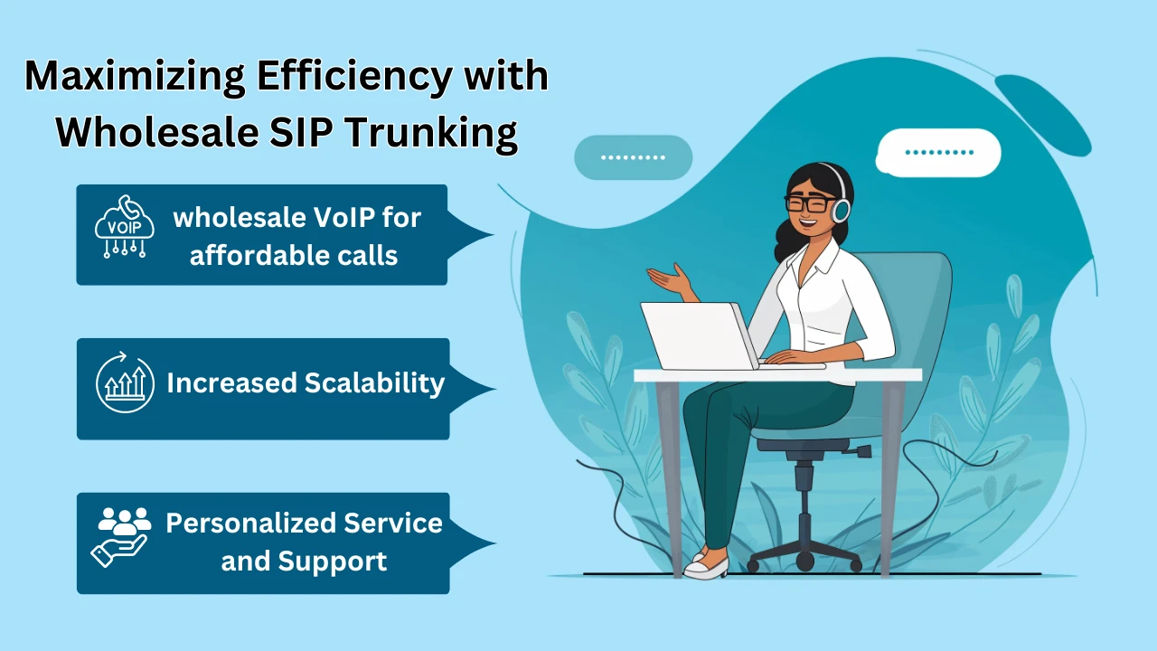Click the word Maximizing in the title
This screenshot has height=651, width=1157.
click(x=135, y=78)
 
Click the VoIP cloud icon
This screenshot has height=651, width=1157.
click(x=125, y=226)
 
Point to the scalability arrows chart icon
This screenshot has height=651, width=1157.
click(x=125, y=382)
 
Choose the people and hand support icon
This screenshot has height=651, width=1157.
click(x=121, y=537)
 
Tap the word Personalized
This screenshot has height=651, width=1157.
click(x=250, y=523)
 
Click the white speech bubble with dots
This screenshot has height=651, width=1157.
click(x=938, y=153)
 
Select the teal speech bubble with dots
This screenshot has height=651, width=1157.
click(x=634, y=157)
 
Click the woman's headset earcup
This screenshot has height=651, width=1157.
click(x=842, y=211)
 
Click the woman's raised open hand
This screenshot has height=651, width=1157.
click(x=671, y=280)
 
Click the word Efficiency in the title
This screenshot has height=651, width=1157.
click(x=354, y=78)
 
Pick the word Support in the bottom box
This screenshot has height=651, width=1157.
click(x=332, y=562)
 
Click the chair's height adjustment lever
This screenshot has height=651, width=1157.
click(x=859, y=451)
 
